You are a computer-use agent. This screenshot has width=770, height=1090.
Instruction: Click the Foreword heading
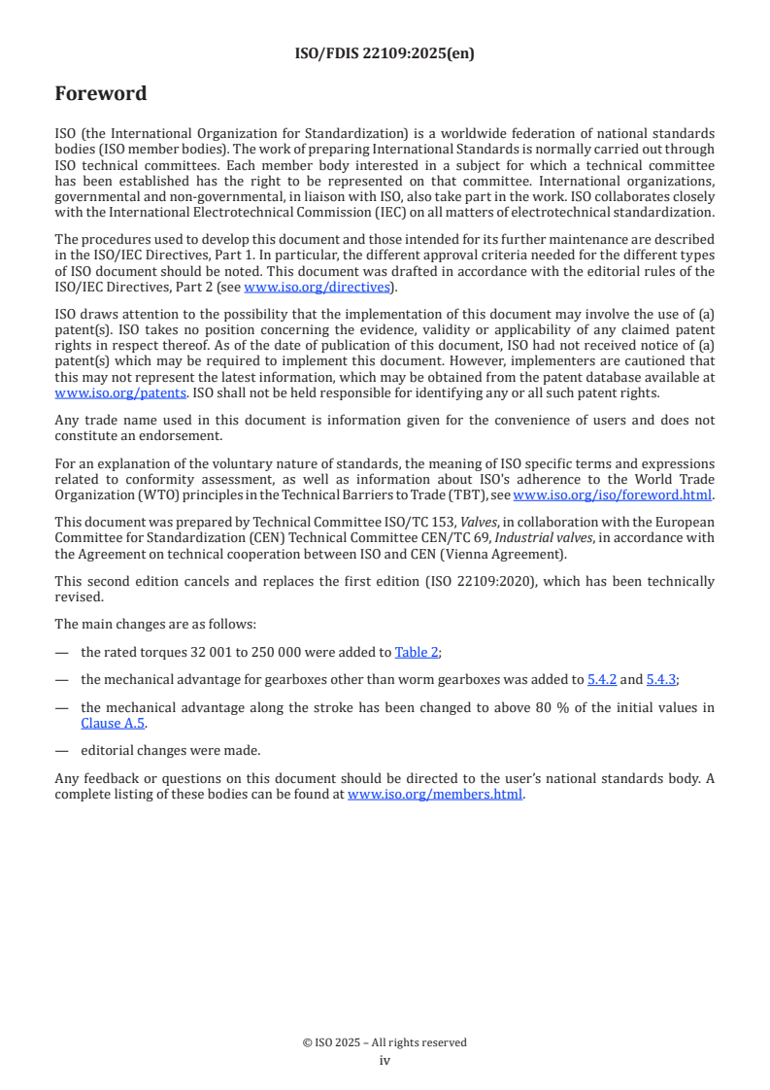point(101,94)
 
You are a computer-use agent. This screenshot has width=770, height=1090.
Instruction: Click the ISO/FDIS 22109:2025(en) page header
point(385,54)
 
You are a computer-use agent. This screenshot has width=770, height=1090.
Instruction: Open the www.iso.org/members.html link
point(435,794)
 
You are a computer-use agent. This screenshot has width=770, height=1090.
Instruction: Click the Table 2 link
point(417,652)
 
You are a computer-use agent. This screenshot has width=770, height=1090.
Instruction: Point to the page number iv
point(385,1061)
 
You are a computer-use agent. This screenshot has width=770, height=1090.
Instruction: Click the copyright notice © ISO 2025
point(385,1042)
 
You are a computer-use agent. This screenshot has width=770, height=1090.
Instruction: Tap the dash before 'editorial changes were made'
point(61,751)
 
